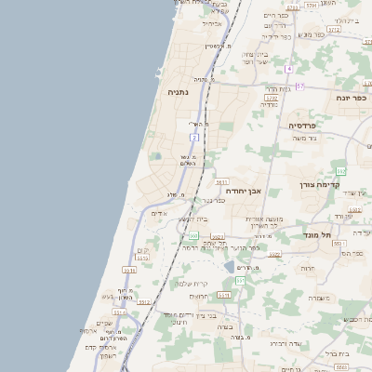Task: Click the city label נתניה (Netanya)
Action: pos(178,93)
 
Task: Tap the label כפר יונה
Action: pos(351,97)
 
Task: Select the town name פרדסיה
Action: pos(301,125)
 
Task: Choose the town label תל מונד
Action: pos(318,235)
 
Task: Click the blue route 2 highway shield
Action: pos(195,137)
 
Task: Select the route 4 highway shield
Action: pos(289,69)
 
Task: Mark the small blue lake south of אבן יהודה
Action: pos(230,267)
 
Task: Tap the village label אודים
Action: pos(159,213)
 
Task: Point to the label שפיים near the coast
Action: pos(104,323)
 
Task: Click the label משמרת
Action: pos(317,298)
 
